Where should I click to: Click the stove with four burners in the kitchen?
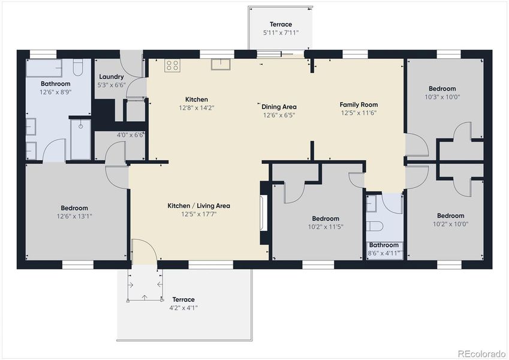click(172, 65)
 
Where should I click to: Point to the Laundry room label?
click(111, 77)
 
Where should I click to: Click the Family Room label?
click(359, 104)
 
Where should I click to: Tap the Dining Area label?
click(279, 107)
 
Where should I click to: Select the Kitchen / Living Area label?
click(198, 206)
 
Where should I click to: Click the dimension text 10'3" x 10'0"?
click(442, 97)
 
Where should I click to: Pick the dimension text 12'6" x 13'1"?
click(74, 216)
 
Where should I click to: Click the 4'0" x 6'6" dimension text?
click(130, 135)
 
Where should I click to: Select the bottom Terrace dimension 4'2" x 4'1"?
click(184, 308)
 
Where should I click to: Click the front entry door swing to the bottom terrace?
click(144, 251)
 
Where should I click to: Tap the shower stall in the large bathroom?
click(80, 139)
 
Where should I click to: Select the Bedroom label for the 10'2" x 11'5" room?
click(326, 218)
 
